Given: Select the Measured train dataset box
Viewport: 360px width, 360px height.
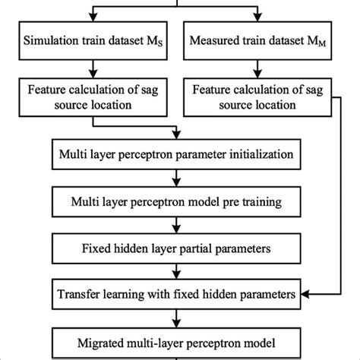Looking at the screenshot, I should coord(267,39).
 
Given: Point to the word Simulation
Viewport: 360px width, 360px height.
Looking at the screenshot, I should coord(52,39).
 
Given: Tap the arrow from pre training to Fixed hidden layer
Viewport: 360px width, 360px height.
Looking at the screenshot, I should coord(177,226).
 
